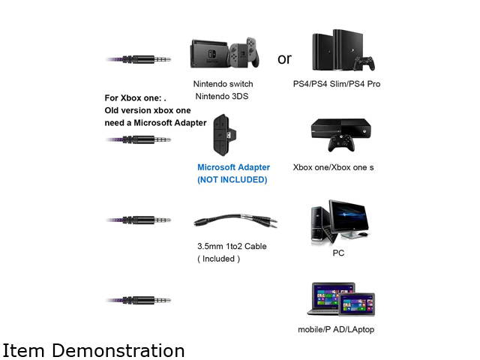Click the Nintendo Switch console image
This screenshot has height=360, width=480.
(x=224, y=52)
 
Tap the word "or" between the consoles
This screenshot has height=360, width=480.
(x=284, y=58)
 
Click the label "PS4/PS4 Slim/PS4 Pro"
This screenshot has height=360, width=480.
(x=337, y=83)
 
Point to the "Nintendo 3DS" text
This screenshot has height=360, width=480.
(x=223, y=96)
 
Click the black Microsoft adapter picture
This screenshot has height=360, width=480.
(x=223, y=135)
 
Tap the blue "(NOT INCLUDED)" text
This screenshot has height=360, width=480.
(x=232, y=180)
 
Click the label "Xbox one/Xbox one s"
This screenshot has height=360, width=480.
(x=333, y=167)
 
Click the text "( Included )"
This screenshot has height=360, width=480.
(x=218, y=258)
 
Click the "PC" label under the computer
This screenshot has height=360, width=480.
(x=338, y=253)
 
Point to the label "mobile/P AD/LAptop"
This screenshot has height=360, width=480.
(x=336, y=329)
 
